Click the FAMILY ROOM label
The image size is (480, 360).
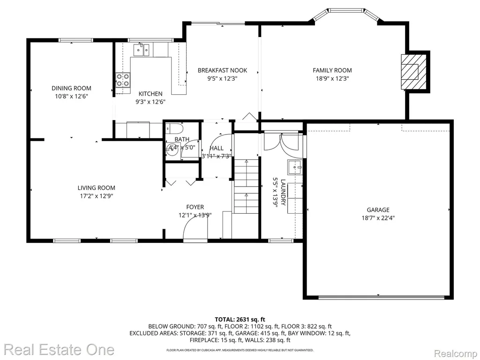[332, 70]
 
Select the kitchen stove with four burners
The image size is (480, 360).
[123, 80]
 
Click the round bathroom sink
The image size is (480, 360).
[173, 150]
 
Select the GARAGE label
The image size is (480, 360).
[378, 210]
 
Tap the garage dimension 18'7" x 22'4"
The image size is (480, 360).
[378, 218]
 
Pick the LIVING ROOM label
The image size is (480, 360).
[97, 188]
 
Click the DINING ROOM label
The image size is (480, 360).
[71, 88]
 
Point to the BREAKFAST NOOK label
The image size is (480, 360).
[222, 70]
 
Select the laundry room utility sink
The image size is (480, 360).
[295, 167]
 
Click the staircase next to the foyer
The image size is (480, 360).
[247, 187]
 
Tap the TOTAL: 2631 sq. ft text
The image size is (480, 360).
[240, 320]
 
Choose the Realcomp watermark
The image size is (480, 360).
[456, 353]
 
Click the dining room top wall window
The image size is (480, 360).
[75, 40]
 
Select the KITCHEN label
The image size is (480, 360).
[150, 94]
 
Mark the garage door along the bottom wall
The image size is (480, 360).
[382, 297]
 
